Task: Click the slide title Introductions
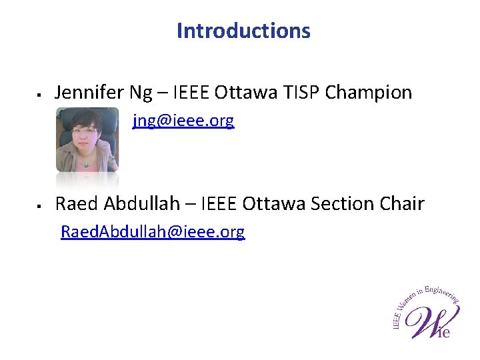[x=243, y=31]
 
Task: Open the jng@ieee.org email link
[x=183, y=121]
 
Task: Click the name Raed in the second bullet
[x=76, y=203]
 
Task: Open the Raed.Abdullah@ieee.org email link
[x=153, y=232]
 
